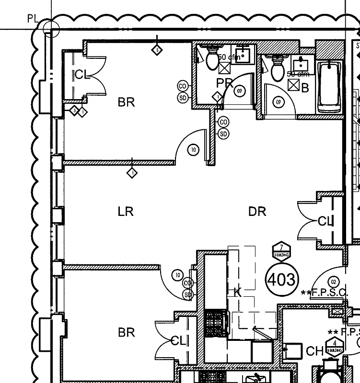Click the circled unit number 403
tap(281, 279)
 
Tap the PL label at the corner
tap(32, 19)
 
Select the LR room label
tap(125, 211)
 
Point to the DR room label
tap(257, 211)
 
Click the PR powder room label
tap(224, 83)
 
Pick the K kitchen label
tap(237, 293)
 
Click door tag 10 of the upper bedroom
tap(193, 150)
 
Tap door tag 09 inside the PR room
tap(240, 90)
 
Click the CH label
tap(314, 352)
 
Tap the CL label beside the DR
tap(325, 221)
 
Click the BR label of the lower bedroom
tap(126, 332)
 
